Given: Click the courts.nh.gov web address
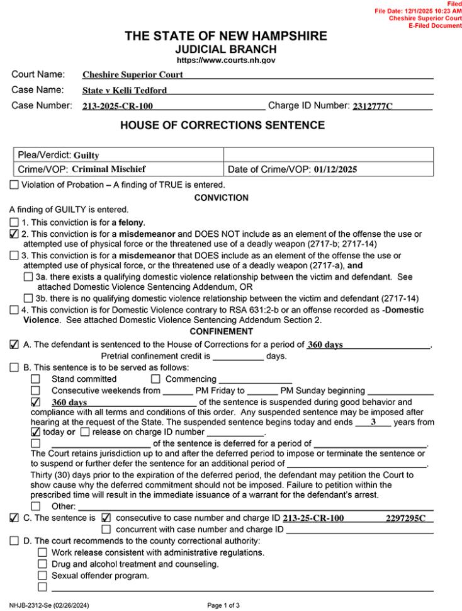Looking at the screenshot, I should pos(225,60).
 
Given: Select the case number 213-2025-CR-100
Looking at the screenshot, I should pos(118,106).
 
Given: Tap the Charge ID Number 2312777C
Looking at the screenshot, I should pos(371,106).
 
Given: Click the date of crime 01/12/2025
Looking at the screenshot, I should pos(337,169).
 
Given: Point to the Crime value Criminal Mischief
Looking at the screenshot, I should pos(109,169).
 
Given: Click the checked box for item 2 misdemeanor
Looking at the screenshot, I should pos(14,234).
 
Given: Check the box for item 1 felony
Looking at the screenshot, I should pos(14,222).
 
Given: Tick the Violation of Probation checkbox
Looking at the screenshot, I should pos(14,185).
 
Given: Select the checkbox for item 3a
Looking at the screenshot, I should pos(28,277).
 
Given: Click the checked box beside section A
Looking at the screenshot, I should pos(14,345).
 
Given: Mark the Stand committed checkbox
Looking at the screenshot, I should pos(35,379).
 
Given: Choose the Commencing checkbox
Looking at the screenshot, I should pos(155,379).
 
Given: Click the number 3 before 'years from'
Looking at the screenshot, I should pos(373,423).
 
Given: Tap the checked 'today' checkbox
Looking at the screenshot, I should pos(35,432).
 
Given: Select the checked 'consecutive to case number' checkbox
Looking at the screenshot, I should pos(106,518).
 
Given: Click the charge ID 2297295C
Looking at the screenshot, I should pos(405,518).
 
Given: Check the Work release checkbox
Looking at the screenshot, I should pos(42,552).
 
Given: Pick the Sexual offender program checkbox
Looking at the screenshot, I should pos(42,575).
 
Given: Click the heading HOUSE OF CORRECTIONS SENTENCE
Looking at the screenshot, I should pos(222,125).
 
